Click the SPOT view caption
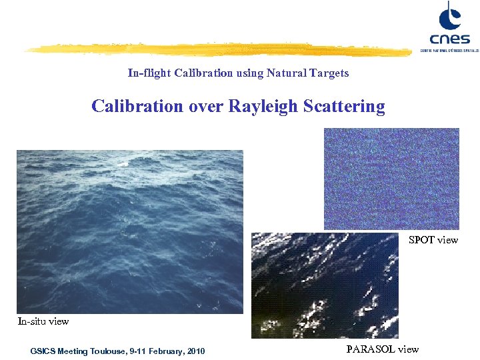point(433,240)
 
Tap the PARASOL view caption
point(383,349)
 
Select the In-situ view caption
point(43,321)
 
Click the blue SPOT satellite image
point(391,179)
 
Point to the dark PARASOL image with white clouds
point(325,285)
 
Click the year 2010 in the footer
point(196,351)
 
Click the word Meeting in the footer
point(74,351)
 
